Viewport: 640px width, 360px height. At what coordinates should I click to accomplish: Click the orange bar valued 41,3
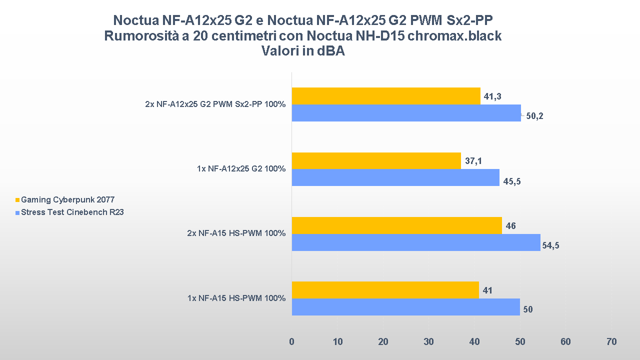tap(385, 96)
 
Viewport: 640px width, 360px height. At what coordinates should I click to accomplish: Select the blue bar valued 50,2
tap(406, 113)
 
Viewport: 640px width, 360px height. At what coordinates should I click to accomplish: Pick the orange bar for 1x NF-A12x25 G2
tap(376, 160)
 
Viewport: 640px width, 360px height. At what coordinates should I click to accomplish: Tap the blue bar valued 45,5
tap(395, 177)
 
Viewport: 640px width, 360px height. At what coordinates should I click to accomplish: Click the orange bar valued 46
tap(396, 225)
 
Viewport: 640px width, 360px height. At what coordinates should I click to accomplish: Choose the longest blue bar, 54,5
tap(415, 242)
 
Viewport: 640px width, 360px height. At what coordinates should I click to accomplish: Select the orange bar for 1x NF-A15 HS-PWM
tap(385, 290)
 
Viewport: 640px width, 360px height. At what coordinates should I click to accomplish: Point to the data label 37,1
tap(474, 161)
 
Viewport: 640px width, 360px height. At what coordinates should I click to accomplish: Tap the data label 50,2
tap(534, 116)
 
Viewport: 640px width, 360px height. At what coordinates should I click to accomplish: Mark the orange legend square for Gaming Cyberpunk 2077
tap(17, 200)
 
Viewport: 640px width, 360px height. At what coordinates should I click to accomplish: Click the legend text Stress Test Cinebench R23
tap(72, 212)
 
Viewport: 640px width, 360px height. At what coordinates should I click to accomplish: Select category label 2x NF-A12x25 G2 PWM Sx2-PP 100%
tap(215, 104)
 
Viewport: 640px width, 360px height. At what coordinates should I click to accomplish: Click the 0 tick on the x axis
tap(292, 342)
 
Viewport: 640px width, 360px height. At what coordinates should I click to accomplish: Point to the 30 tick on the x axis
tap(428, 342)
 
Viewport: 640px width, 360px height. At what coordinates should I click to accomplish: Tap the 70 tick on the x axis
tap(611, 342)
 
